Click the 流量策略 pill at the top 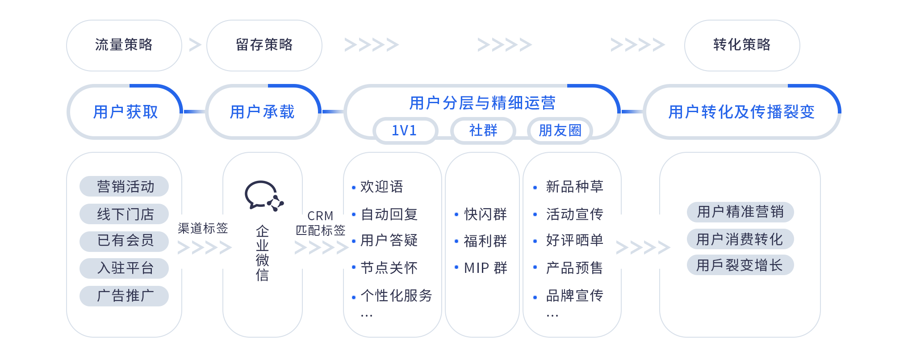pyautogui.click(x=124, y=45)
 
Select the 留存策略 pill pyautogui.click(x=264, y=45)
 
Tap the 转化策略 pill pyautogui.click(x=741, y=45)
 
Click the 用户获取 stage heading pyautogui.click(x=126, y=112)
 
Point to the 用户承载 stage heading pyautogui.click(x=262, y=112)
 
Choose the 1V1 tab pyautogui.click(x=404, y=131)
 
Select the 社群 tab pyautogui.click(x=483, y=131)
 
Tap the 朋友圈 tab pyautogui.click(x=560, y=131)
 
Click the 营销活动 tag pyautogui.click(x=125, y=186)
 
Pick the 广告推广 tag pyautogui.click(x=125, y=296)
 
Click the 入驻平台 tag pyautogui.click(x=125, y=268)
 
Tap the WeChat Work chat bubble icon pyautogui.click(x=264, y=196)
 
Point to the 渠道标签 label pyautogui.click(x=203, y=228)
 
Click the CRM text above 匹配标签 pyautogui.click(x=320, y=216)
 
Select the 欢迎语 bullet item pyautogui.click(x=381, y=187)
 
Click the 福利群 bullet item pyautogui.click(x=485, y=241)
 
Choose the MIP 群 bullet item pyautogui.click(x=485, y=268)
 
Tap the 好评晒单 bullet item pyautogui.click(x=574, y=240)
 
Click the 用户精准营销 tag pyautogui.click(x=740, y=212)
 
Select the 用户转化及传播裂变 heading pyautogui.click(x=741, y=112)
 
